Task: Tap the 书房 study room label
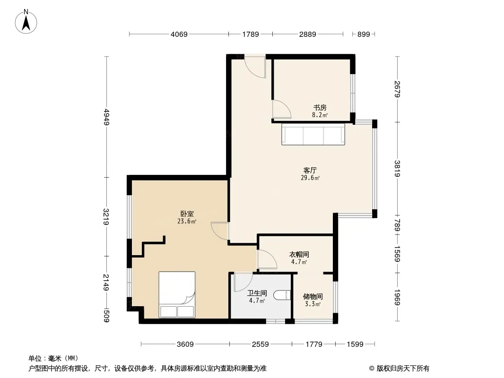pos(320,107)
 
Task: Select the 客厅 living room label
pos(310,170)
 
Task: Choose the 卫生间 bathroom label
pos(257,293)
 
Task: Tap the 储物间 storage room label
pos(313,297)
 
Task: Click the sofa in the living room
pos(313,135)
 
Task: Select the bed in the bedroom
pos(177,294)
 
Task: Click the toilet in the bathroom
pos(282,295)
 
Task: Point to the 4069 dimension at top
pos(179,34)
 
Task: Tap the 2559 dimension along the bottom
pos(260,344)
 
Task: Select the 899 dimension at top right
pos(364,34)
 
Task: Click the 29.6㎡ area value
pos(310,178)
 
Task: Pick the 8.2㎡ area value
pos(320,115)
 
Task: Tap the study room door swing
pos(282,109)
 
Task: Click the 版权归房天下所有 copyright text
pos(399,369)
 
